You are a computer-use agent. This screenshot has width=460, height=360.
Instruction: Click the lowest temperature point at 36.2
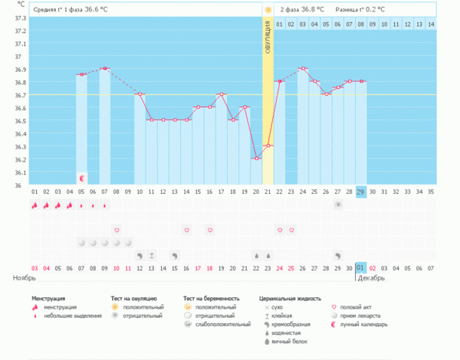(x=257, y=159)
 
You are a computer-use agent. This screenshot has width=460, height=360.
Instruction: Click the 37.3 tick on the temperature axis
(x=15, y=18)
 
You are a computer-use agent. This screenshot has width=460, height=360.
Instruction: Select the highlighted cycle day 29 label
(x=361, y=191)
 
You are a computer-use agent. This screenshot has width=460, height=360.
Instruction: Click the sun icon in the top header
(x=268, y=10)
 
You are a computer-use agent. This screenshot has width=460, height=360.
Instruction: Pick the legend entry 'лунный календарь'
(x=360, y=324)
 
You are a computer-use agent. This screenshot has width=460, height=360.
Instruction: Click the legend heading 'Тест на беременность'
(x=212, y=298)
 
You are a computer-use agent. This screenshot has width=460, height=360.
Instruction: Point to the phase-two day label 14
(x=431, y=25)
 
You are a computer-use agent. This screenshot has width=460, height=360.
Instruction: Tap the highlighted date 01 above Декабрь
(x=361, y=267)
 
